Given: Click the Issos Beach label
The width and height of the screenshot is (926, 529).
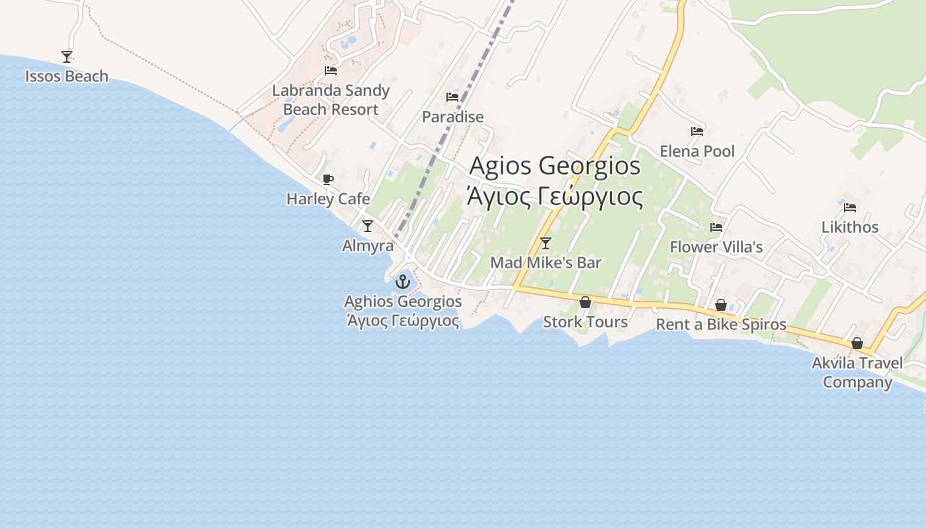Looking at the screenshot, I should click(x=66, y=77).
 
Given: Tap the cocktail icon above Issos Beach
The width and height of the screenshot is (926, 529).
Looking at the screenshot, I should click(x=66, y=57).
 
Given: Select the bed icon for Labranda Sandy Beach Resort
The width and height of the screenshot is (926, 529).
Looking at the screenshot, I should click(x=331, y=71).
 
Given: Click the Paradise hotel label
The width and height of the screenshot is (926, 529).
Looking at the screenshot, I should click(x=452, y=117).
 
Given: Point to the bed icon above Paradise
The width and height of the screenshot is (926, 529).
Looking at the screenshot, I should click(x=452, y=97).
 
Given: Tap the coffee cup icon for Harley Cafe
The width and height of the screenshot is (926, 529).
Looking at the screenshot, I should click(x=328, y=179).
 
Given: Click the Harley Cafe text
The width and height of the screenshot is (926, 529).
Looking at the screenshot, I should click(x=328, y=199).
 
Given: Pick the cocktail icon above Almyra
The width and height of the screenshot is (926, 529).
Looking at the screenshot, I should click(x=368, y=226).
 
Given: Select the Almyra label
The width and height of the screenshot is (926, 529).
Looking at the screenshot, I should click(x=368, y=246).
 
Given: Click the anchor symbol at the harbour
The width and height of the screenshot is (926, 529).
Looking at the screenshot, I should click(x=402, y=282).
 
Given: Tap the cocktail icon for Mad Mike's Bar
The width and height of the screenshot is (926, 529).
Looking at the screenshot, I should click(x=546, y=243).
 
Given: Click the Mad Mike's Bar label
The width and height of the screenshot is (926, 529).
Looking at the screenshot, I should click(x=546, y=263).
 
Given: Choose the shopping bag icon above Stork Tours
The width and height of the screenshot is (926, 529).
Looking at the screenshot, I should click(x=585, y=303).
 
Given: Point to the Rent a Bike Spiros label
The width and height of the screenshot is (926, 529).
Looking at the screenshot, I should click(x=721, y=325).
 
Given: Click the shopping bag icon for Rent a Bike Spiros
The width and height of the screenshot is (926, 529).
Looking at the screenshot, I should click(x=721, y=305).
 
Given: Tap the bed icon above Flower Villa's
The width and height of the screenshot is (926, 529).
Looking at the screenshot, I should click(x=716, y=227).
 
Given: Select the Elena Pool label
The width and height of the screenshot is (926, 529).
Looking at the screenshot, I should click(x=697, y=151).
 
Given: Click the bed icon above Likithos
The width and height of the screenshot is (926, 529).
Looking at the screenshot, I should click(x=850, y=208).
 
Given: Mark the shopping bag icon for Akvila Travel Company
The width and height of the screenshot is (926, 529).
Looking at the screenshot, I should click(x=857, y=343).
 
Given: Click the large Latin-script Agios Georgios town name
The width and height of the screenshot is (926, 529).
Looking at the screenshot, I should click(x=555, y=165).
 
